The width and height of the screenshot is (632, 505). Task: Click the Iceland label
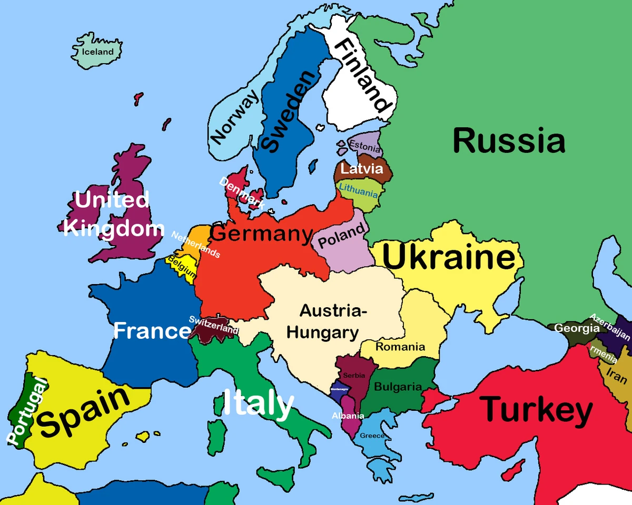[x=98, y=52]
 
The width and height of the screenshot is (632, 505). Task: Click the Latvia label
[x=361, y=169]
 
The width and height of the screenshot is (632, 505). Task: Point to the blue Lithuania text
[x=359, y=190]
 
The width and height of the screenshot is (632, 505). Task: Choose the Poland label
[x=341, y=236]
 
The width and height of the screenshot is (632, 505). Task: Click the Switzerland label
[x=213, y=325]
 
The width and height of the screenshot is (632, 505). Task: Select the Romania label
[x=400, y=347]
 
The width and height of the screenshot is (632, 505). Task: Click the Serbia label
[x=353, y=376]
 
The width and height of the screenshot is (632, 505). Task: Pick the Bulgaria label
[x=398, y=387]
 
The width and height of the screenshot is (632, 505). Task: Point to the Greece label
[x=372, y=436]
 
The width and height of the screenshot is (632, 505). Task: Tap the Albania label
[x=348, y=416]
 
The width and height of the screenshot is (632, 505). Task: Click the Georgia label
[x=577, y=328]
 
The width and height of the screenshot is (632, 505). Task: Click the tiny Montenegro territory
[x=339, y=390]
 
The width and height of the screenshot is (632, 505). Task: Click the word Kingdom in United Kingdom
[x=114, y=229]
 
